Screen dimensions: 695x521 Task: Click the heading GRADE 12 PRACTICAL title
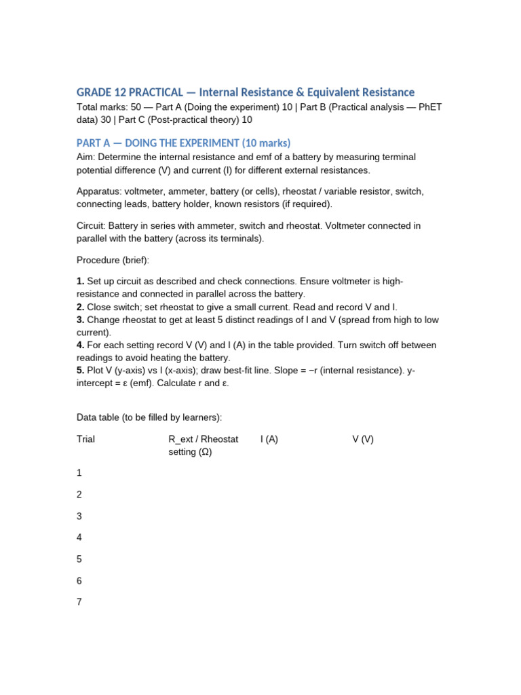[x=245, y=92]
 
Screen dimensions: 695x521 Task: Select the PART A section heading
[x=183, y=143]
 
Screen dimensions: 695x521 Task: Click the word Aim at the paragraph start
[x=84, y=157]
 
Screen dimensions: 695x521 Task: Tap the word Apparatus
[x=98, y=191]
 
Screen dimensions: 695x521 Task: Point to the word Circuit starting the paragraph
[x=91, y=225]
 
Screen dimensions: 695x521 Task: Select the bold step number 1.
[x=80, y=281]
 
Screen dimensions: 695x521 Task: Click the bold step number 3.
[x=80, y=320]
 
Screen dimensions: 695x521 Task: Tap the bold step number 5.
[x=80, y=371]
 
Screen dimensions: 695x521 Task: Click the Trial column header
[x=86, y=439]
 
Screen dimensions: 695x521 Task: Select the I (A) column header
[x=269, y=439]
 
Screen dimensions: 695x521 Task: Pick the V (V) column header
[x=363, y=439]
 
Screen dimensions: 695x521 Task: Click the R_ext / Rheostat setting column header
[x=203, y=445]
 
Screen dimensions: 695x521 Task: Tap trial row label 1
[x=79, y=472]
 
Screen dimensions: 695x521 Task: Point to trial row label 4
[x=79, y=538]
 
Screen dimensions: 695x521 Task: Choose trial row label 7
[x=79, y=602]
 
